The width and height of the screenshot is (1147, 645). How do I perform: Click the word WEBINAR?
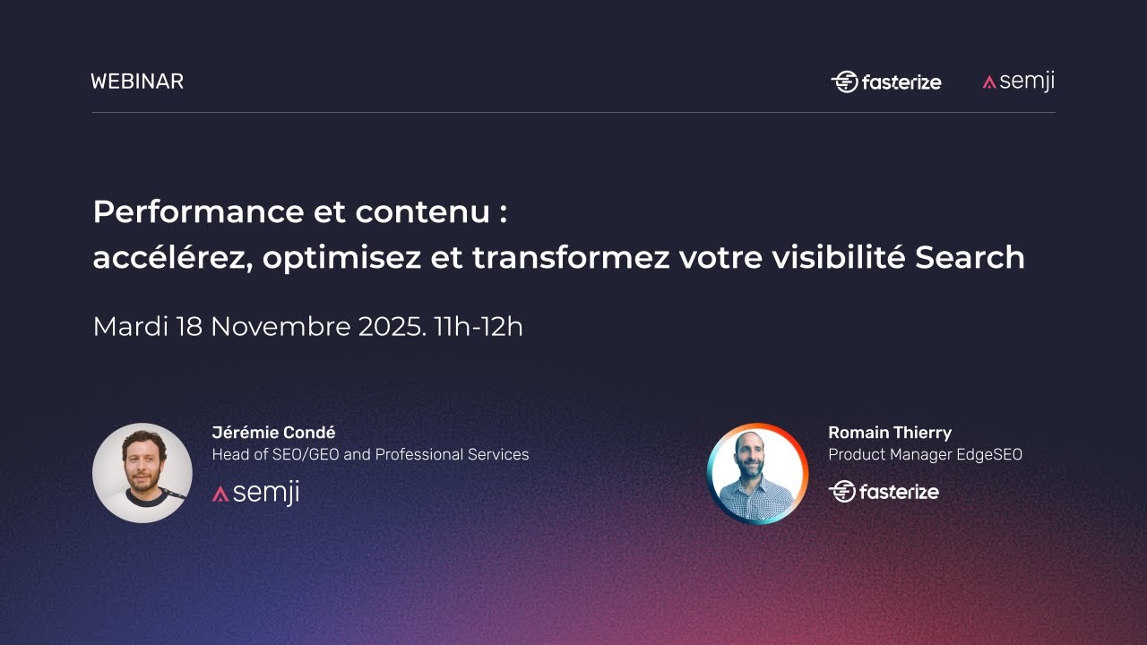137,82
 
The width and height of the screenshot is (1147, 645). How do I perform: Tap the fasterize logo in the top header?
886,82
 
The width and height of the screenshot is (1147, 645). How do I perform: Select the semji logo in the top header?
1018,82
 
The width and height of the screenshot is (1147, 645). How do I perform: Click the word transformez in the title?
571,258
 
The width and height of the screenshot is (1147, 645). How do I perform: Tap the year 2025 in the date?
392,326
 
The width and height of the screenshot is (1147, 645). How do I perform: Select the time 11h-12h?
479,326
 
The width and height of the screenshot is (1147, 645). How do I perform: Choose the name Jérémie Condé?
273,434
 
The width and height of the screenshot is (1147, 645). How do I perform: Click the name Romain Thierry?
890,434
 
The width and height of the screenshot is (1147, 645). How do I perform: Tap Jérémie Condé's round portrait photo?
142,473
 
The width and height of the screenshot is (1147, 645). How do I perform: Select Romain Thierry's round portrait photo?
757,474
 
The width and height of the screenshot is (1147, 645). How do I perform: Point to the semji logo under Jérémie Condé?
255,493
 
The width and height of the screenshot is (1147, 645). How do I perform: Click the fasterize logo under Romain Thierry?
884,491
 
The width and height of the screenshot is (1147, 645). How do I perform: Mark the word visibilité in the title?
840,258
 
